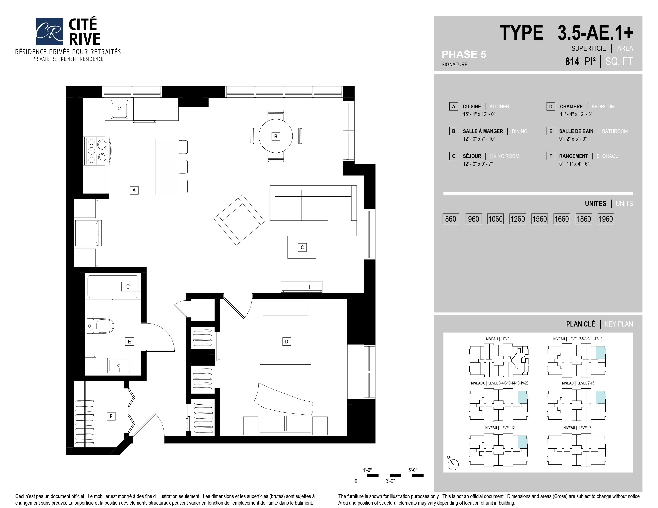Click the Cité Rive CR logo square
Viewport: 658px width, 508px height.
tap(49, 31)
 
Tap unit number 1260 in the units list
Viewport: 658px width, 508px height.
tap(517, 219)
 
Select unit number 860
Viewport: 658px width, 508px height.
tap(450, 219)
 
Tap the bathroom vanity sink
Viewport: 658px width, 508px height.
tap(119, 365)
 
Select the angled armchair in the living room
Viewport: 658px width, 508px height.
tap(239, 220)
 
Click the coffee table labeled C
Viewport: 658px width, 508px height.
tap(301, 247)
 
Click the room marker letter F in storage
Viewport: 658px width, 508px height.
tap(111, 416)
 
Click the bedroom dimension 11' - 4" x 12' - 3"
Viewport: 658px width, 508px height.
tap(576, 114)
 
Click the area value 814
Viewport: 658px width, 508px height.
tap(572, 61)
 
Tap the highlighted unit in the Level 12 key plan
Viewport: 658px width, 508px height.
tap(522, 442)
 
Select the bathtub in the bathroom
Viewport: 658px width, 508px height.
tap(113, 286)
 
